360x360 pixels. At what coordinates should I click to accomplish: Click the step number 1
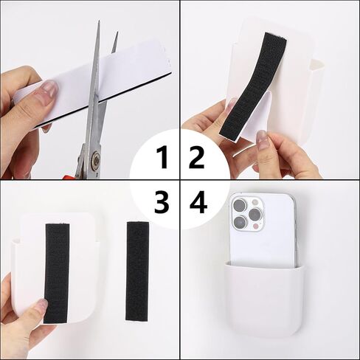pyautogui.click(x=162, y=158)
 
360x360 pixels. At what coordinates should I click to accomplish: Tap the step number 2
pyautogui.click(x=197, y=158)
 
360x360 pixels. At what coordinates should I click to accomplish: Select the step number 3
pyautogui.click(x=162, y=202)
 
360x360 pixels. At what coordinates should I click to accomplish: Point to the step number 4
pyautogui.click(x=198, y=202)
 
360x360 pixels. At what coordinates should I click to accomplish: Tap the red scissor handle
pyautogui.click(x=70, y=177)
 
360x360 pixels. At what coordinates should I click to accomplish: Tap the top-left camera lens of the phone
pyautogui.click(x=240, y=204)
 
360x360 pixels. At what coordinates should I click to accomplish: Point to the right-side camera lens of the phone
pyautogui.click(x=255, y=214)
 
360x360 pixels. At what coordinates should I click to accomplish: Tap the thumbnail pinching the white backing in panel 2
pyautogui.click(x=261, y=139)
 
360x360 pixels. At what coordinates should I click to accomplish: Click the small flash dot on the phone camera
pyautogui.click(x=256, y=226)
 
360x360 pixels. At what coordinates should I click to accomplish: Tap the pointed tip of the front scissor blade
pyautogui.click(x=99, y=21)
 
